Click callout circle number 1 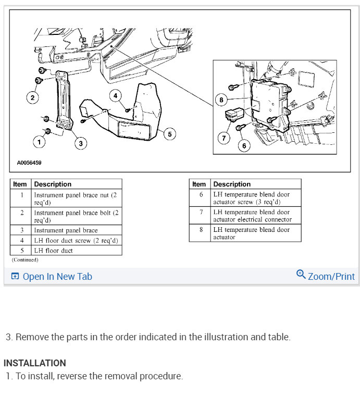[x=38, y=141]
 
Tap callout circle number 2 [x=32, y=97]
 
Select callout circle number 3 [x=80, y=143]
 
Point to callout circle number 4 [x=116, y=95]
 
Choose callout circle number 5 [x=169, y=134]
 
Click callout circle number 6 [x=244, y=146]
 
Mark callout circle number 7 [x=224, y=138]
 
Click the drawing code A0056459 [x=29, y=163]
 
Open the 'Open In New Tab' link [x=51, y=277]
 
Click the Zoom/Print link [x=326, y=276]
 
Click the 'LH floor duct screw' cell [x=76, y=241]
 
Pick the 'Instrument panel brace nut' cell [x=76, y=198]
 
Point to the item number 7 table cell [x=201, y=216]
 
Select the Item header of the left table [x=20, y=184]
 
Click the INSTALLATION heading [x=35, y=363]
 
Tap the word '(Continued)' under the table [x=25, y=259]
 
